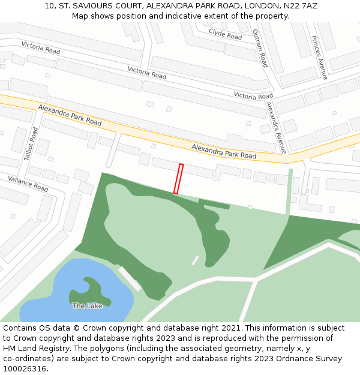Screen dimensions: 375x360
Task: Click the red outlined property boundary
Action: pos(178,179)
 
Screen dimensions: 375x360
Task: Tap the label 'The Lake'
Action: pos(87,306)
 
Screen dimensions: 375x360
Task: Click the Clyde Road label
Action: pos(225,34)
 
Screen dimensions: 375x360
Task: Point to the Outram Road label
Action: pos(260,48)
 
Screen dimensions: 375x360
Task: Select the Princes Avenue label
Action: pos(319,58)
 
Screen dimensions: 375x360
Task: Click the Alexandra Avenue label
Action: pos(277,127)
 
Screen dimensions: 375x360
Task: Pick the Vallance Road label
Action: pos(28,183)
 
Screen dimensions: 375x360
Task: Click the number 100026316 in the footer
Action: pos(25,369)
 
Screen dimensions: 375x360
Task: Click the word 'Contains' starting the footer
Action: pos(20,328)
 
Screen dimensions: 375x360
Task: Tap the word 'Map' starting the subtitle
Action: pos(80,16)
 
